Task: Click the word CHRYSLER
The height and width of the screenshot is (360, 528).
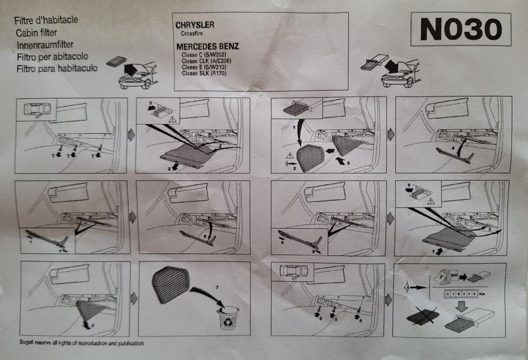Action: pyautogui.click(x=194, y=26)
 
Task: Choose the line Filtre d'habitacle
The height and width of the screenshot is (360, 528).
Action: pyautogui.click(x=46, y=21)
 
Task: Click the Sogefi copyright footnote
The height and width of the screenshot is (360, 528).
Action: pyautogui.click(x=81, y=343)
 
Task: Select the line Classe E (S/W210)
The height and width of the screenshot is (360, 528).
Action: pyautogui.click(x=203, y=68)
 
